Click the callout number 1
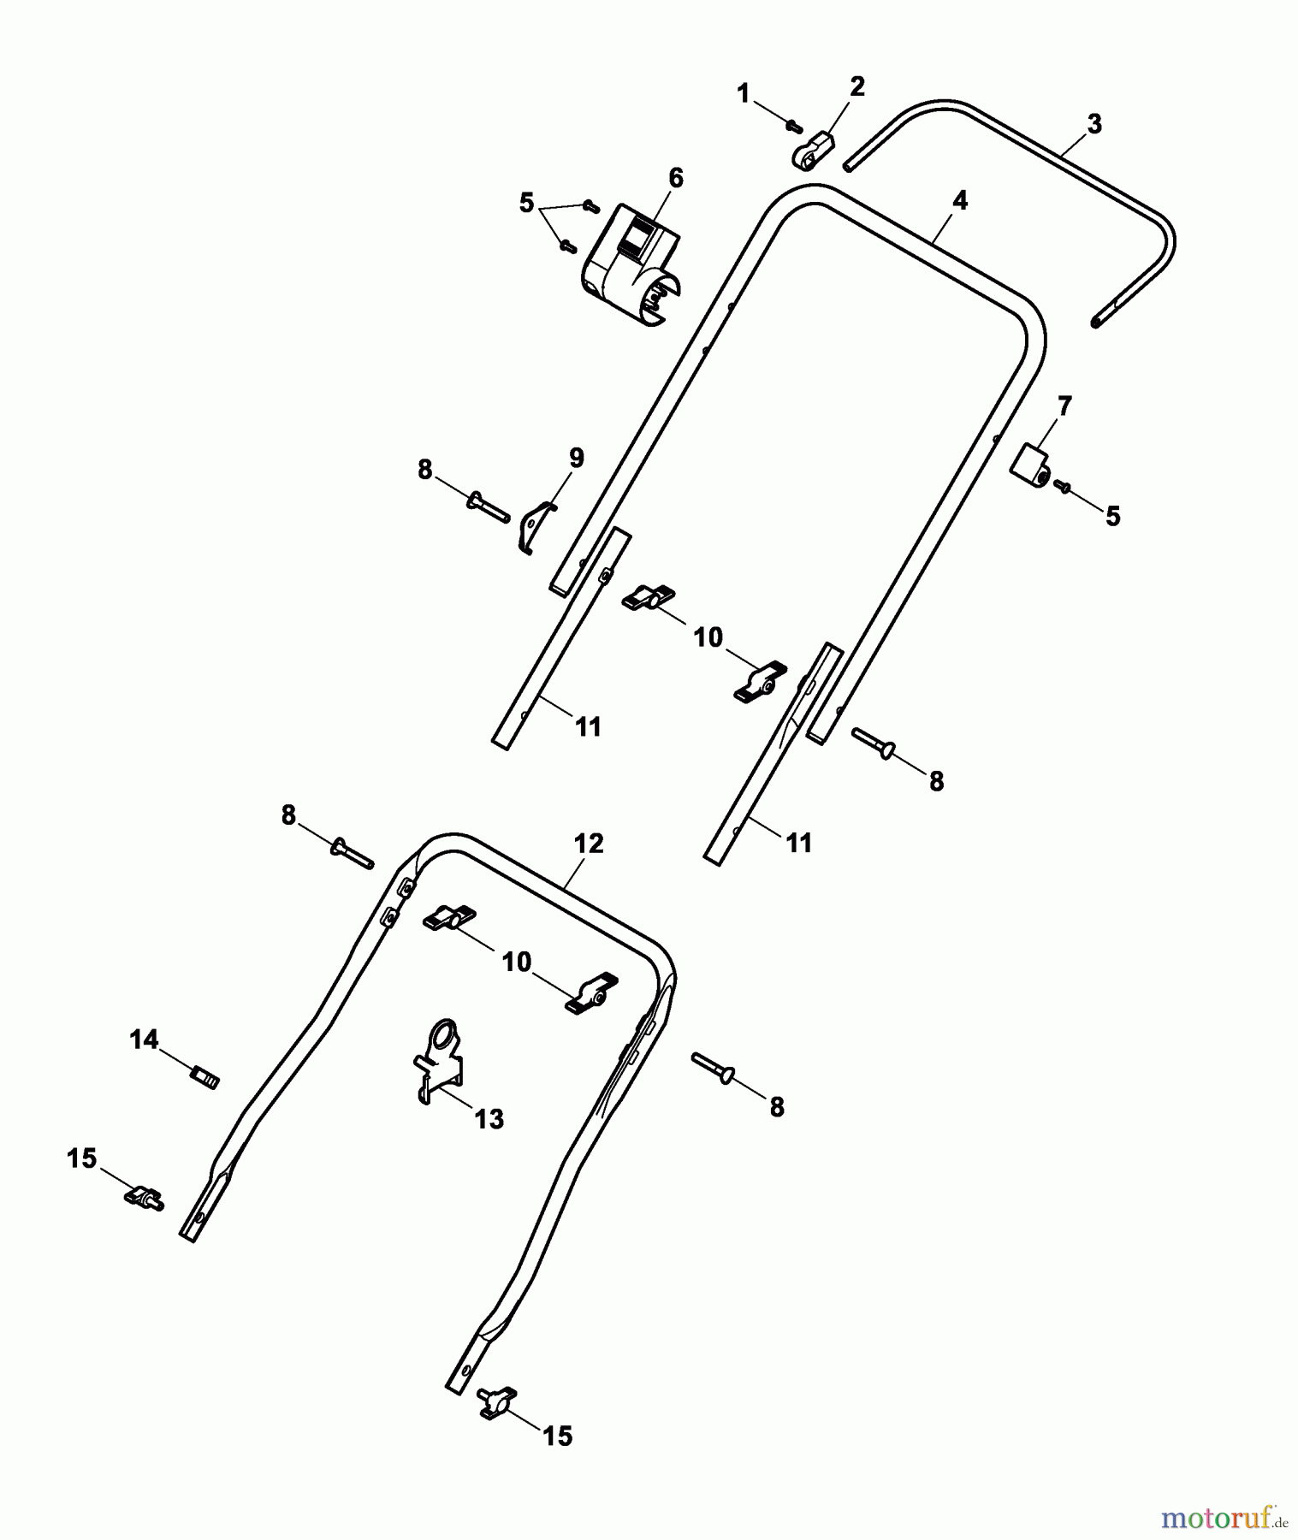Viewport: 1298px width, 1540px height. click(743, 92)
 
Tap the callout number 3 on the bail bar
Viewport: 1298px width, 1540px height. click(1094, 125)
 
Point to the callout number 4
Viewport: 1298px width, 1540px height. click(960, 201)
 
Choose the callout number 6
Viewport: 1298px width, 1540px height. click(676, 178)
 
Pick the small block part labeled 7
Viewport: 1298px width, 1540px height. click(1032, 465)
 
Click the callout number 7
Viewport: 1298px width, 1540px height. click(1064, 406)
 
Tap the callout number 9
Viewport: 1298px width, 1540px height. click(576, 458)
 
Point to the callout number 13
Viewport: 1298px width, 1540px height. click(489, 1118)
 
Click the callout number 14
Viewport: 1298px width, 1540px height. click(144, 1040)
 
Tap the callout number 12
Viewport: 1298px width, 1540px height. click(589, 844)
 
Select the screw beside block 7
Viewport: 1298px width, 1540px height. click(1064, 486)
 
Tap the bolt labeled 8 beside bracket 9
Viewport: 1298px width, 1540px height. click(489, 503)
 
